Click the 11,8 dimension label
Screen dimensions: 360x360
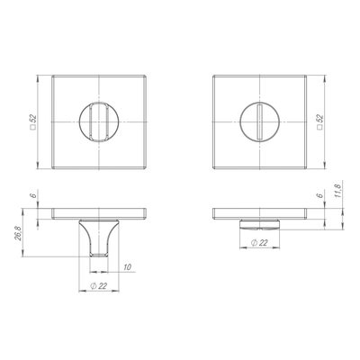pyautogui.click(x=338, y=191)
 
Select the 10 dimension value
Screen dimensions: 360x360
pyautogui.click(x=128, y=267)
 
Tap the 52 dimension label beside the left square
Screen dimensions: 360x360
pyautogui.click(x=33, y=119)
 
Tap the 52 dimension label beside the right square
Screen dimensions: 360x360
pyautogui.click(x=320, y=119)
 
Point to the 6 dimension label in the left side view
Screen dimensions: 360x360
pyautogui.click(x=33, y=195)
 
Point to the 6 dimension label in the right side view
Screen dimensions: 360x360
pyautogui.click(x=320, y=195)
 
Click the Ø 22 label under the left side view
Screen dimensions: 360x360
pyautogui.click(x=99, y=286)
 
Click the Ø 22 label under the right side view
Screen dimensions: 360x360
pyautogui.click(x=260, y=243)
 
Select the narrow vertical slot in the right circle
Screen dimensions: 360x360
pyautogui.click(x=260, y=121)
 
